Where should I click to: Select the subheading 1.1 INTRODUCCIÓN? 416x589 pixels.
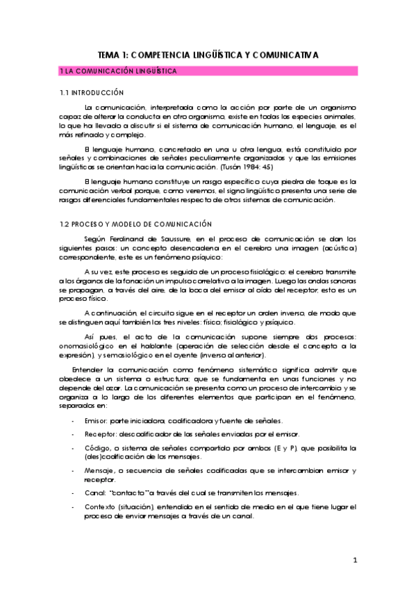tap(92, 92)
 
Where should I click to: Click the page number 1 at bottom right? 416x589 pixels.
tap(354, 560)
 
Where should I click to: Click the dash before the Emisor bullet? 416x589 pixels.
tap(74, 421)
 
